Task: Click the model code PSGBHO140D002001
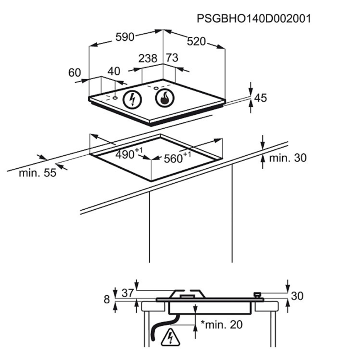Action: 254,18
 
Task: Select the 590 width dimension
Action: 125,37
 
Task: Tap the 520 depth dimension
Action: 196,41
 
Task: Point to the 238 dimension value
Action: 148,58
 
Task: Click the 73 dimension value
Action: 172,58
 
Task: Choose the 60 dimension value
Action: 75,72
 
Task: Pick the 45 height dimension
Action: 261,98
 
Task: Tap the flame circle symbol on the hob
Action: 165,98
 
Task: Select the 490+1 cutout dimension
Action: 129,154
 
